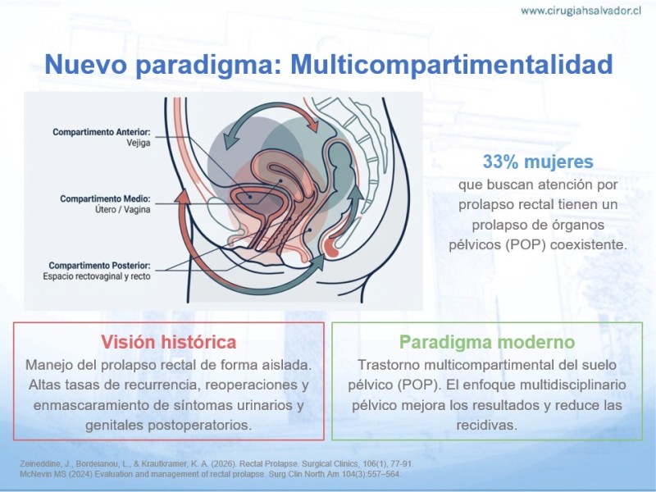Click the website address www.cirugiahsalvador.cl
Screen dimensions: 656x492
click(581, 11)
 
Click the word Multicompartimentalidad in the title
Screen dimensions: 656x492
click(452, 65)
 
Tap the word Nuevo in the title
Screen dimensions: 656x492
click(86, 65)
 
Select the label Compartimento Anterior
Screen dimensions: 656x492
click(101, 132)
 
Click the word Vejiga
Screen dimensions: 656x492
click(139, 143)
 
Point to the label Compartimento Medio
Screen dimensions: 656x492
click(105, 198)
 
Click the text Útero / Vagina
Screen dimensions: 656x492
click(122, 209)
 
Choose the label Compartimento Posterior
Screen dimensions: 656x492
click(99, 266)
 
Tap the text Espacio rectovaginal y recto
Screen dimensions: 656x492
click(97, 276)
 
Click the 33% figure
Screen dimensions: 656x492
click(500, 162)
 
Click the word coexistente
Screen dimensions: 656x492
click(588, 244)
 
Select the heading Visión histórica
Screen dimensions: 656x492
click(169, 342)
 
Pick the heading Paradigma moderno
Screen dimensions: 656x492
click(487, 342)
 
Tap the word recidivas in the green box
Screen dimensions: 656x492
click(486, 426)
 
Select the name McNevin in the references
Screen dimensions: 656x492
click(34, 475)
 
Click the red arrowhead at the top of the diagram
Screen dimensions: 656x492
click(312, 125)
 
